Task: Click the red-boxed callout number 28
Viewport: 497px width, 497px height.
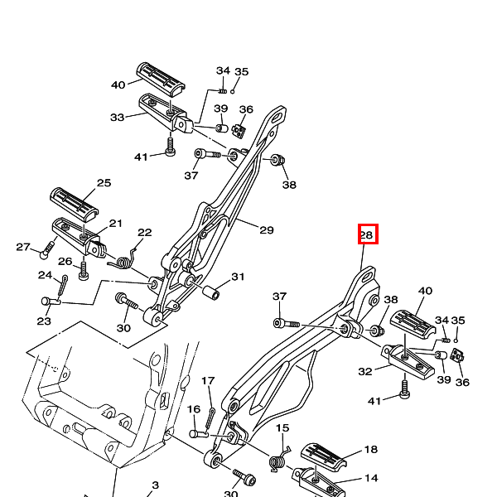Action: coord(367,235)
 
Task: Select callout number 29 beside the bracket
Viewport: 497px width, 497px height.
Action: coord(267,229)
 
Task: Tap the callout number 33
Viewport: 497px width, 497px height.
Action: coord(117,118)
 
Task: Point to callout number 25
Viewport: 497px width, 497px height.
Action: coord(104,182)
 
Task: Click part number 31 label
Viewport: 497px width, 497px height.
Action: coord(238,277)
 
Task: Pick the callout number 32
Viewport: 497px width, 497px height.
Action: coord(364,371)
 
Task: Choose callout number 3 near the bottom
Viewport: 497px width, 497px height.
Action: coord(156,485)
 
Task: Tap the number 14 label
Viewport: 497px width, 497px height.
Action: coord(371,478)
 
